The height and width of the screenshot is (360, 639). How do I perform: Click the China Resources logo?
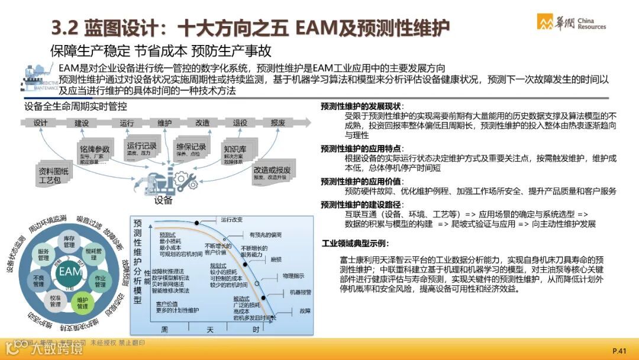[x=571, y=22]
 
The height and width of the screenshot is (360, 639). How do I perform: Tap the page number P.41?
[x=619, y=351]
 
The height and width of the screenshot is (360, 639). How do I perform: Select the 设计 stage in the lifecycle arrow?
[x=41, y=123]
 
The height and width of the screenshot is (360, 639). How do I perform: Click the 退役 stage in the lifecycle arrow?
[x=240, y=123]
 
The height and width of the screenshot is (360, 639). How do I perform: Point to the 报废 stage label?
[x=278, y=123]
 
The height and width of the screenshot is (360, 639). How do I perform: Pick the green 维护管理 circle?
[x=82, y=302]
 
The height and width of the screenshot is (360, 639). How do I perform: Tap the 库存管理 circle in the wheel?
[x=69, y=240]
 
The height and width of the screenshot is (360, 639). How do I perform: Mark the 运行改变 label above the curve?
[x=232, y=220]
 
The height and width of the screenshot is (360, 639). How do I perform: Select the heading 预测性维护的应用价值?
[x=362, y=181]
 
